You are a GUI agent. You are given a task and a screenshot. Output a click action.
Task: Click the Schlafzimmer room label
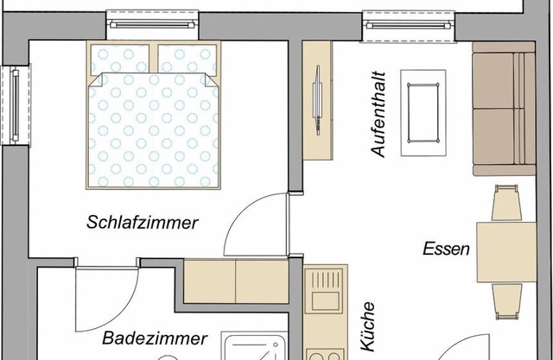(x=143, y=223)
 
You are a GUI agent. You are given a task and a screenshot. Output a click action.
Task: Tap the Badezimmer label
(x=155, y=338)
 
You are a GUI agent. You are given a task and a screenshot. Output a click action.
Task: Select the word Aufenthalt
(x=378, y=115)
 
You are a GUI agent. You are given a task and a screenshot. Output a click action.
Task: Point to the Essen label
(x=446, y=249)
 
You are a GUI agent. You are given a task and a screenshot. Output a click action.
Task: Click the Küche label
(x=367, y=326)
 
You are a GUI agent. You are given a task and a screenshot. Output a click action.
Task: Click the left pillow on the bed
(x=120, y=60)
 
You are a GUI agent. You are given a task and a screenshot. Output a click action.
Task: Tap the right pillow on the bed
(x=188, y=60)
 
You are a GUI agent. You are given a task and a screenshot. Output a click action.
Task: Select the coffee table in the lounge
(x=423, y=113)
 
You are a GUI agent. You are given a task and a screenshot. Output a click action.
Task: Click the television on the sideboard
(x=318, y=100)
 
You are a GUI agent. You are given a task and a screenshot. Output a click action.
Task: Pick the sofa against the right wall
(x=504, y=109)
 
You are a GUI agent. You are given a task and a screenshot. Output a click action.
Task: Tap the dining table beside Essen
(x=506, y=252)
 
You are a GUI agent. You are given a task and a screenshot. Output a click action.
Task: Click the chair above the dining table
(x=506, y=203)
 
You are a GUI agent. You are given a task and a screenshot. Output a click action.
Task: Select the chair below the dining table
(x=507, y=301)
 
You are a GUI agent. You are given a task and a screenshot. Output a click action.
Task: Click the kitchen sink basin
(x=325, y=300)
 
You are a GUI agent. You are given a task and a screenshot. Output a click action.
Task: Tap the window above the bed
(x=152, y=25)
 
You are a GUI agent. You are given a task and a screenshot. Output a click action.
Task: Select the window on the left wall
(x=16, y=105)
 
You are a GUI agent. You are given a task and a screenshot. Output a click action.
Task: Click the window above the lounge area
(x=409, y=25)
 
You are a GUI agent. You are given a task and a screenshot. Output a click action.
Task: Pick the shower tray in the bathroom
(x=255, y=346)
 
